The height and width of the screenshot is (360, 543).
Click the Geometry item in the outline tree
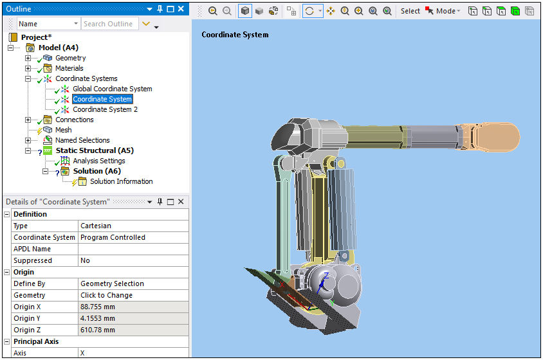point(70,58)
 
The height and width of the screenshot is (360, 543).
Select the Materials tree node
point(69,68)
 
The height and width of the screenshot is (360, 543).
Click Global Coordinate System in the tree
point(112,89)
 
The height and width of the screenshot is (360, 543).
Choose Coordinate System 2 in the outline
point(105,109)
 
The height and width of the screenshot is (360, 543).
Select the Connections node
point(74,120)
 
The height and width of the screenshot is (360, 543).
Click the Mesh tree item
point(63,130)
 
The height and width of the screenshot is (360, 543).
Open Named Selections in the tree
point(82,140)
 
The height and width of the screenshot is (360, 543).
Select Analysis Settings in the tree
point(98,161)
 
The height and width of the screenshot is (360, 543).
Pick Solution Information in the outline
point(121,181)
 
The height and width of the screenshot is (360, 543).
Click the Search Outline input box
point(108,24)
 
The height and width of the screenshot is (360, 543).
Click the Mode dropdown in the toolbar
point(448,11)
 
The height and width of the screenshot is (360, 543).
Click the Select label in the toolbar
point(410,11)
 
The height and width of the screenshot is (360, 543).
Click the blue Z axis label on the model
point(326,276)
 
